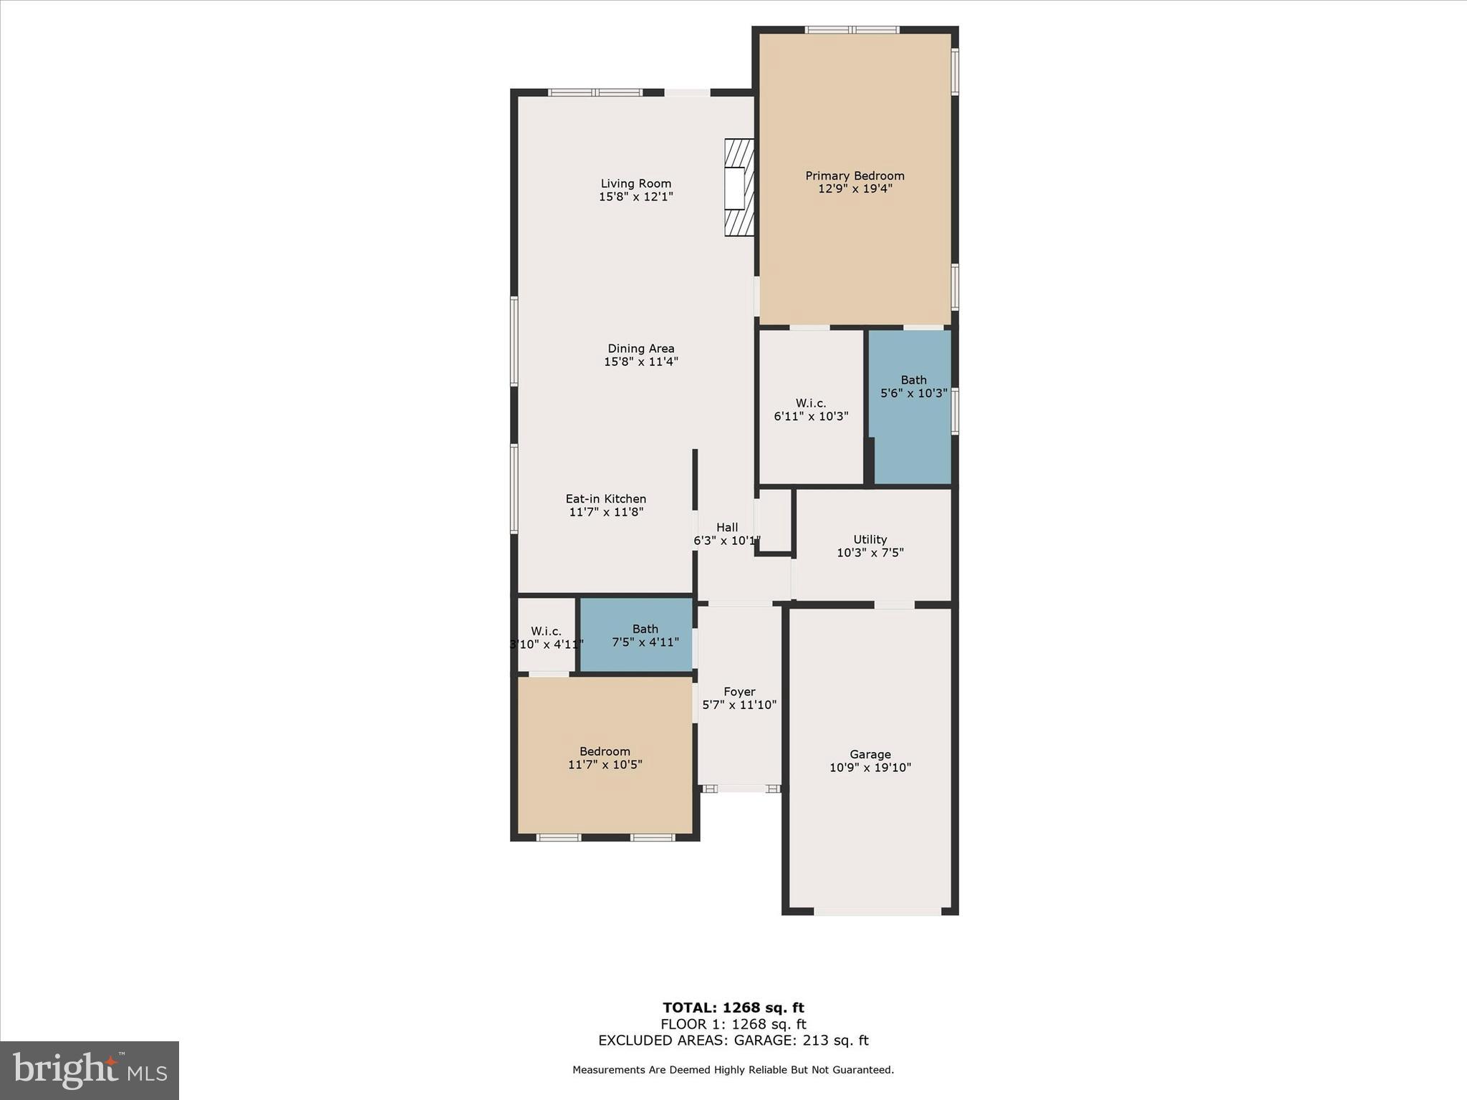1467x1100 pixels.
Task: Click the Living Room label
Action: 636,183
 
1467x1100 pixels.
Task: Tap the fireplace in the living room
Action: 739,188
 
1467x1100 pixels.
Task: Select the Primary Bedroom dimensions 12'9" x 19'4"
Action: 855,189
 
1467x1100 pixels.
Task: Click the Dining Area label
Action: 640,349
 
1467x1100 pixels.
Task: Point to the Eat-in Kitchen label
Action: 606,499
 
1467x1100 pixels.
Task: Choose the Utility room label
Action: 870,539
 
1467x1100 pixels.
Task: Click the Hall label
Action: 726,527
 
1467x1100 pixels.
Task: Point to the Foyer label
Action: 739,692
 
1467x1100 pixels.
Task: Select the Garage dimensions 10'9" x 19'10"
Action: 870,768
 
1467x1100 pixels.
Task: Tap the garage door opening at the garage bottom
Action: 877,912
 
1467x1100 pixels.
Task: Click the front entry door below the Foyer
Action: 741,788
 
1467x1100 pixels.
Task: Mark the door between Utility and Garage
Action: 894,605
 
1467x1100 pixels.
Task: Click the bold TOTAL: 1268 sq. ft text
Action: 733,1008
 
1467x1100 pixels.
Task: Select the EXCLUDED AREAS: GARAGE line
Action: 733,1041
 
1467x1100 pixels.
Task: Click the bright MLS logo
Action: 90,1070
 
